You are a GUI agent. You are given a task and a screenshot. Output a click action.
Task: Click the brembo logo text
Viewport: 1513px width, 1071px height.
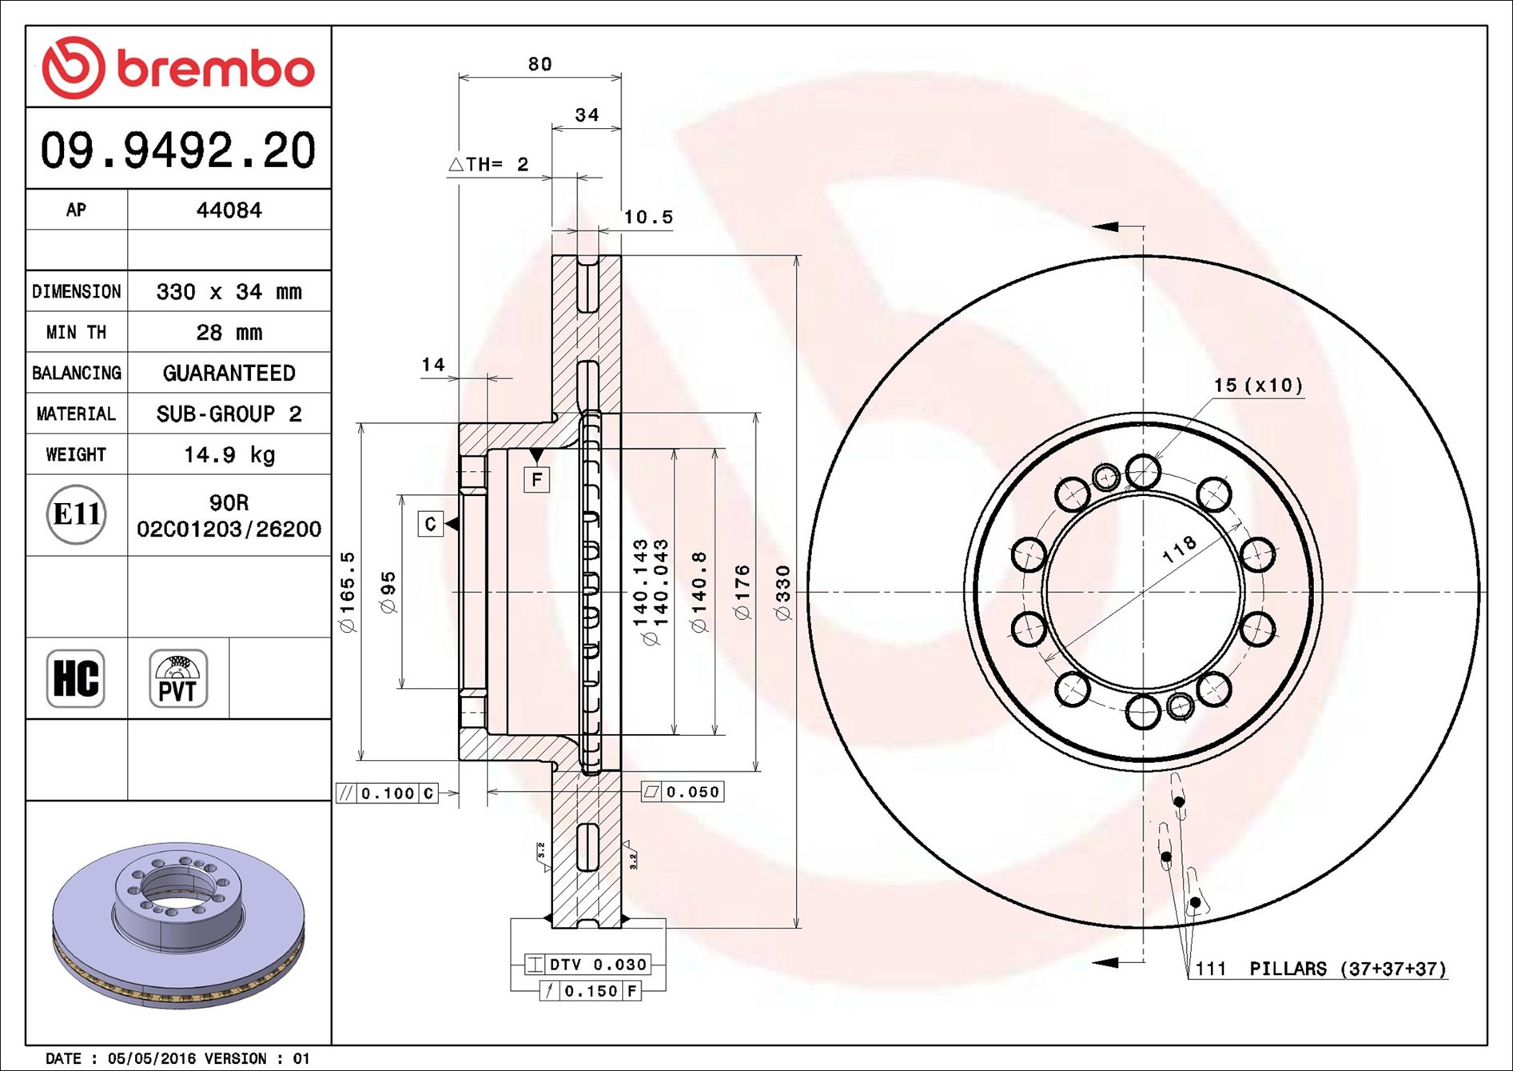pos(216,69)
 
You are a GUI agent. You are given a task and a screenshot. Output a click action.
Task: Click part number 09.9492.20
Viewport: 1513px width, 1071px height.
pos(178,150)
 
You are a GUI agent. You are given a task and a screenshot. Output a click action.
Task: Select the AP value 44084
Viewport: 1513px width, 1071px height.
pos(229,210)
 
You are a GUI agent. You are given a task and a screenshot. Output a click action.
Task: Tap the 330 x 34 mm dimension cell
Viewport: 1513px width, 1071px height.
pos(229,292)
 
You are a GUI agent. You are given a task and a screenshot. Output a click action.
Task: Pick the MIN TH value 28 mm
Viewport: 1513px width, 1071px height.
pos(229,333)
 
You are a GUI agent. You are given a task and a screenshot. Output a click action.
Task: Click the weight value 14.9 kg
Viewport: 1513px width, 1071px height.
pos(229,455)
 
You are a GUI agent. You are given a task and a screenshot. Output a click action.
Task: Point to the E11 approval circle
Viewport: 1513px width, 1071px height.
pos(76,514)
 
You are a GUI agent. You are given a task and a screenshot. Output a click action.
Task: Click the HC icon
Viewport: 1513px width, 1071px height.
pos(76,678)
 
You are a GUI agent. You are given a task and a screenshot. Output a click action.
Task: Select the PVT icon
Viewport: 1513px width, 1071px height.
pos(178,678)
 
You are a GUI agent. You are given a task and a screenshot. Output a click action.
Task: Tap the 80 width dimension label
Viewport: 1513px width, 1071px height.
pos(540,65)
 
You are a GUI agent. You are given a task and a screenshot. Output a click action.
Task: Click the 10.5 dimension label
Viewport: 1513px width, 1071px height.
pos(648,218)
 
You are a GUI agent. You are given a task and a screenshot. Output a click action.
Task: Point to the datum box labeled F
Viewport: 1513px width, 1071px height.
pos(536,480)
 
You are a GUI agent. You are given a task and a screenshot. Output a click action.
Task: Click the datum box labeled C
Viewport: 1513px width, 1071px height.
pos(430,524)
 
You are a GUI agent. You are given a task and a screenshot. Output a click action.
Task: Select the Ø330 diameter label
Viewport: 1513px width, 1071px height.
pos(782,593)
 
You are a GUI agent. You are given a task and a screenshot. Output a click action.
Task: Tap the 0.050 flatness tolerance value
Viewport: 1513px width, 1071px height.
pos(692,792)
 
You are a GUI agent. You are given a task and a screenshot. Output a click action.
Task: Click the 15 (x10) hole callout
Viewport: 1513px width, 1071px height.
pos(1258,386)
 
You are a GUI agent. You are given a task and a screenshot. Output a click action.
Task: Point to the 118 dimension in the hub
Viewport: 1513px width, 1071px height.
pos(1179,549)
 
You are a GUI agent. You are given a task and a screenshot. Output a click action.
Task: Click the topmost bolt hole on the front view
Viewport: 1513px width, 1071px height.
pos(1143,472)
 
